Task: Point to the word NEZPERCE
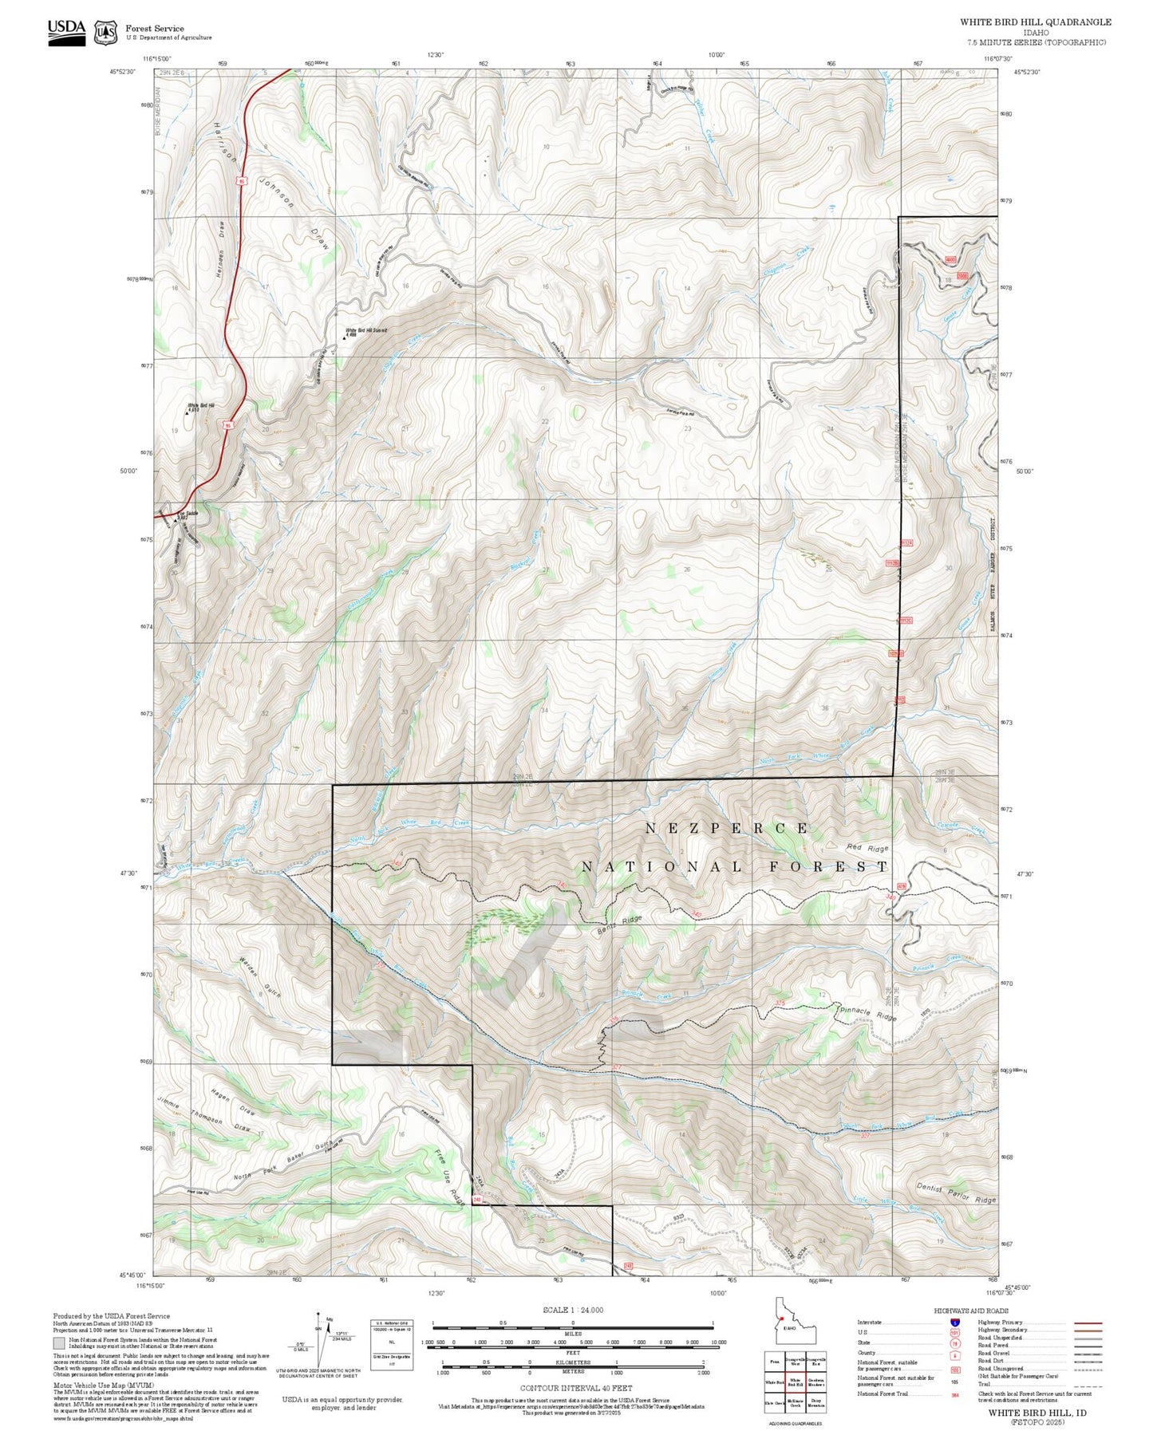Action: click(x=727, y=829)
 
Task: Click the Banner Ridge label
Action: click(x=619, y=924)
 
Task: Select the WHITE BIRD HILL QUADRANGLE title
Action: click(x=1035, y=22)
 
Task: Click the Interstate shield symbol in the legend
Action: click(x=954, y=1323)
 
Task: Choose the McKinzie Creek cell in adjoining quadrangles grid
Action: click(x=795, y=1402)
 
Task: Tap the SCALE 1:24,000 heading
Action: click(x=572, y=1310)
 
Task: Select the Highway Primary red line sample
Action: click(x=1088, y=1323)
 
